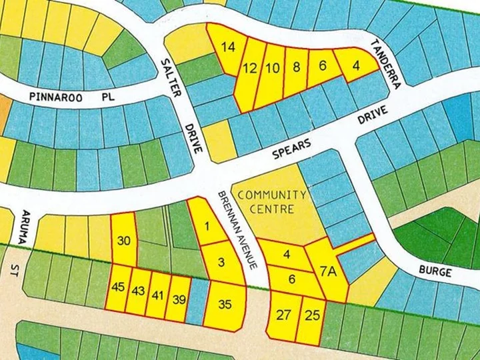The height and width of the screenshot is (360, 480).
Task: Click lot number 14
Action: (x=229, y=47)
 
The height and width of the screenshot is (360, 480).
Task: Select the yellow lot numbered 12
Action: (x=250, y=68)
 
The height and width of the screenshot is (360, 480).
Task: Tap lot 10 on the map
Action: (x=273, y=67)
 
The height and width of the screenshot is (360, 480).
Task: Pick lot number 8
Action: (x=297, y=67)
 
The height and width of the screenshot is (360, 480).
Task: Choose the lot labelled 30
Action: (x=123, y=241)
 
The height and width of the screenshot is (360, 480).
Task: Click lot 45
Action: (x=119, y=288)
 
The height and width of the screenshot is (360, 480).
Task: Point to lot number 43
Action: (x=139, y=291)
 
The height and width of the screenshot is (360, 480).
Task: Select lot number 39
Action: (x=179, y=299)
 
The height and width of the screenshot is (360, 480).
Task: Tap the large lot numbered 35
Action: (x=225, y=305)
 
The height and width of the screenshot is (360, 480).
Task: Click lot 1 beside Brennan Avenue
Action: (x=207, y=225)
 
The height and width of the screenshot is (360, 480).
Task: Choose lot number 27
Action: (x=283, y=315)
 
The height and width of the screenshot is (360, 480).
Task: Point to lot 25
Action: (x=311, y=315)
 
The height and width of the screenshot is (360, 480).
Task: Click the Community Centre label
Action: (x=272, y=201)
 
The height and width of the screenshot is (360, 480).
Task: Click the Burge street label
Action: (x=436, y=272)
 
